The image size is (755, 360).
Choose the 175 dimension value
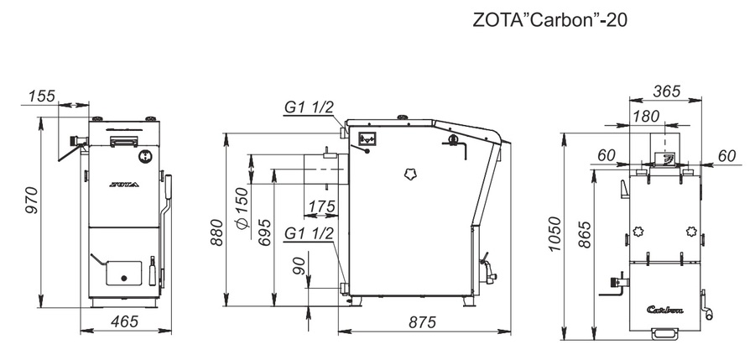tap(321, 206)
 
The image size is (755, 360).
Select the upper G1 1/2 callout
tap(310, 107)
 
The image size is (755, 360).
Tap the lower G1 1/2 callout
tap(310, 233)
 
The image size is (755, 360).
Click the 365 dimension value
tap(665, 91)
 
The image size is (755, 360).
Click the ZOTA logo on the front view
tap(125, 181)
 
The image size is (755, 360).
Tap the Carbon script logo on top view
tap(665, 308)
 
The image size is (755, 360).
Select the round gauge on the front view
tap(145, 155)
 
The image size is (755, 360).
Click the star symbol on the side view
tap(410, 173)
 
